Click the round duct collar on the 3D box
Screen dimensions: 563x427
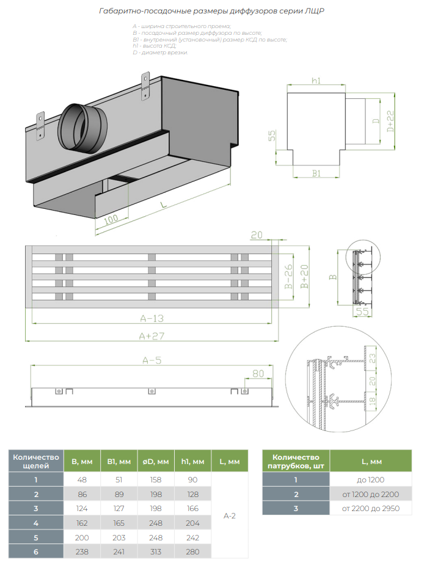(x=81, y=128)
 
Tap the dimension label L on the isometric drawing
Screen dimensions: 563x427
(x=164, y=205)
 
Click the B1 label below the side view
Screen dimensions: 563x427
(x=316, y=173)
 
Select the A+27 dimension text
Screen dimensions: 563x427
(x=151, y=336)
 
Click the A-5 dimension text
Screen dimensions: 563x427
(x=150, y=360)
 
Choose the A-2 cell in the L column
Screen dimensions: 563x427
(x=230, y=516)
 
